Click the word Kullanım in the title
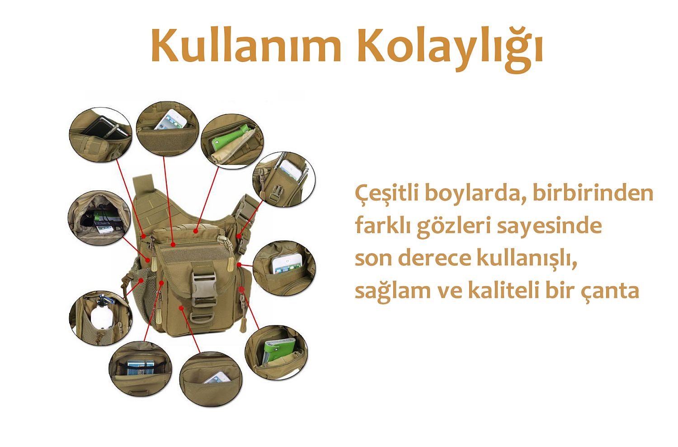tap(246, 45)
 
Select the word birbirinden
tap(593, 193)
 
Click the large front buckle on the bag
tap(203, 284)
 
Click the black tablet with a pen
tap(103, 128)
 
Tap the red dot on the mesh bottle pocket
tap(141, 281)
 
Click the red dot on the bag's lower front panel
tap(181, 308)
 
